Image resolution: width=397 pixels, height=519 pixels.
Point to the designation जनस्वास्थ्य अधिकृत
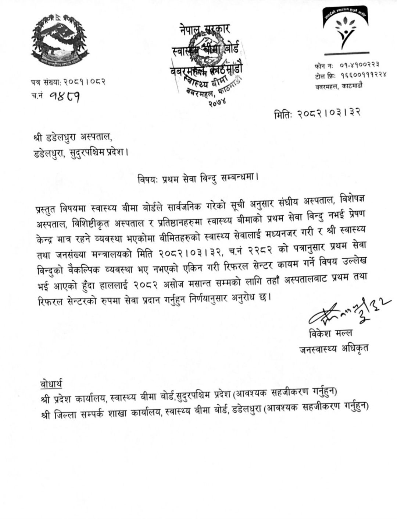[333, 348]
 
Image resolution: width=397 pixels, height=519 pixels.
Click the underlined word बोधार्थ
[51, 385]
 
